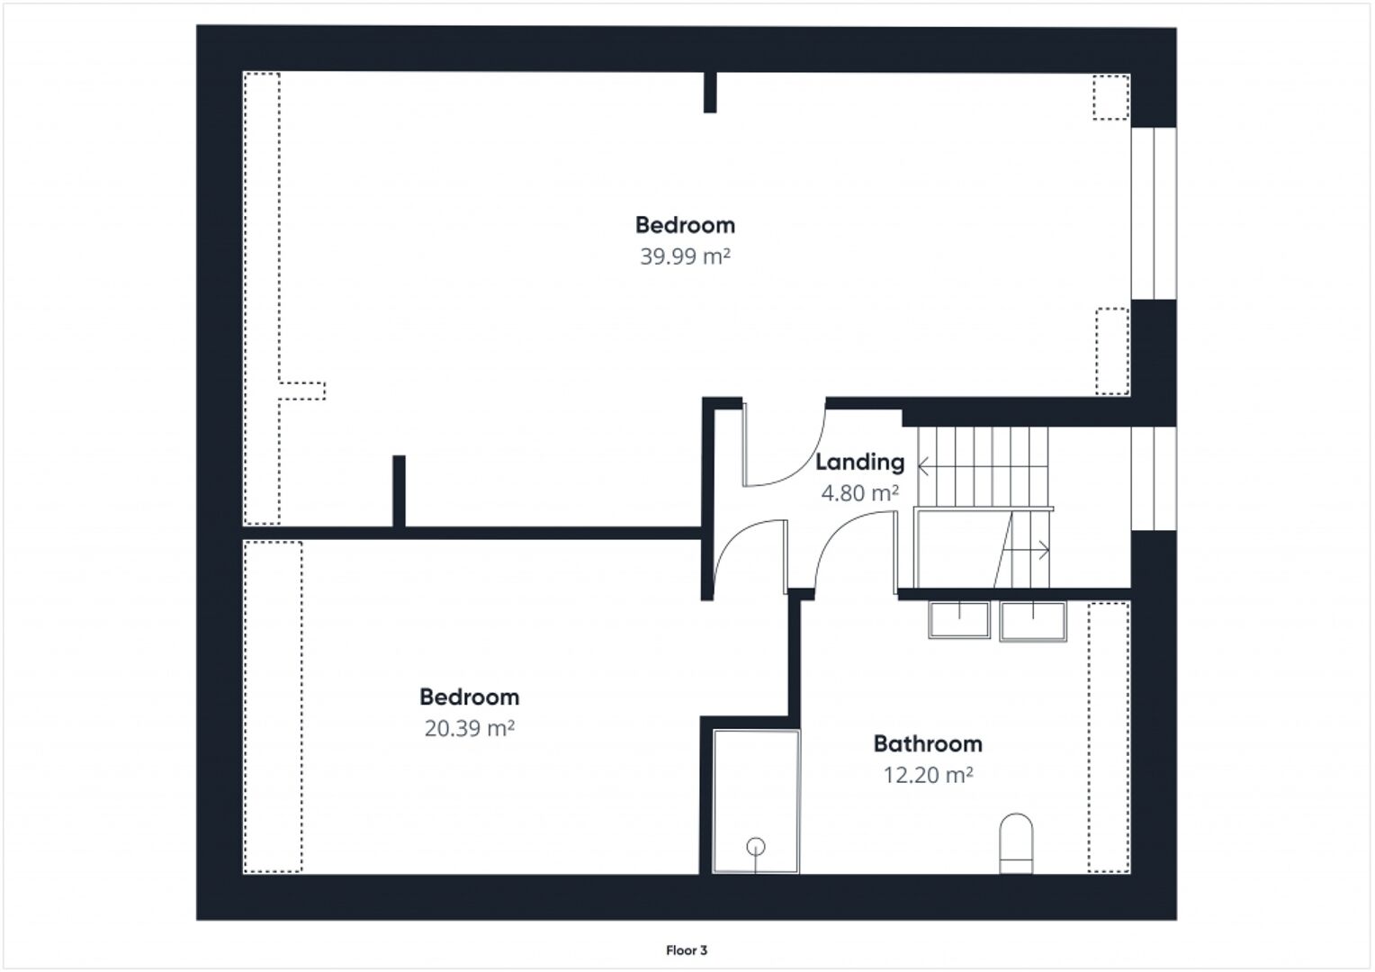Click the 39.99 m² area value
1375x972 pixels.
coord(685,256)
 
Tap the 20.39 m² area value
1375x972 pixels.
coord(469,728)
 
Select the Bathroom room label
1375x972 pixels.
coord(928,743)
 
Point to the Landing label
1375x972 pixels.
coord(859,463)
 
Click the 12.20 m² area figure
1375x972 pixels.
coord(928,775)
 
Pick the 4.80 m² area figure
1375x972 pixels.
coord(859,493)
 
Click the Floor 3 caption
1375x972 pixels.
coord(687,950)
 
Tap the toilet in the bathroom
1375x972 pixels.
coord(1016,843)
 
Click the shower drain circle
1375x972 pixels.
coord(756,847)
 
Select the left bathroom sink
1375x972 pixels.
coord(959,620)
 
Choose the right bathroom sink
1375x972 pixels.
coord(1033,621)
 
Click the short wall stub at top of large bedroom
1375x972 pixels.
coord(710,92)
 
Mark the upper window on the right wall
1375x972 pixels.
coord(1154,213)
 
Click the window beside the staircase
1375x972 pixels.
coord(1154,478)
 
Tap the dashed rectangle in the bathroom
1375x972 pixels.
coord(1109,737)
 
